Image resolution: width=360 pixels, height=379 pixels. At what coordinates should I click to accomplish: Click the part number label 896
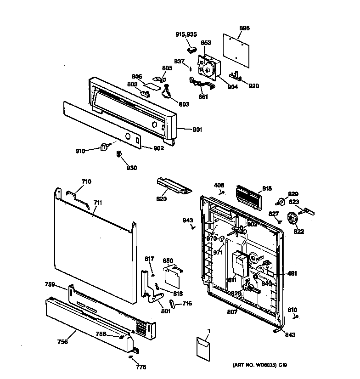click(244, 28)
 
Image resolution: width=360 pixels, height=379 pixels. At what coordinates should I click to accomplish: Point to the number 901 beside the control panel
click(197, 130)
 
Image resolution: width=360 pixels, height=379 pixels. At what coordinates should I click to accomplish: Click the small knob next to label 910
click(104, 147)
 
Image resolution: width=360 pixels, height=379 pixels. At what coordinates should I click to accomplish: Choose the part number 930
click(131, 168)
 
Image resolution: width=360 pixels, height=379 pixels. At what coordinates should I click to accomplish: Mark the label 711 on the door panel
click(98, 203)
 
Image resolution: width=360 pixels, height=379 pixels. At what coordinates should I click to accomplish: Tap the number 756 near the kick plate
click(62, 341)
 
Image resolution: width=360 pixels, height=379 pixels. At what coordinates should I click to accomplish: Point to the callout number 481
click(292, 274)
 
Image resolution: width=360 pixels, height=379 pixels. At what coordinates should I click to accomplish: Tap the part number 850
click(168, 260)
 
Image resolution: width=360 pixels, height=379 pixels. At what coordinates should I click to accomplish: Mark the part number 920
click(253, 86)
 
